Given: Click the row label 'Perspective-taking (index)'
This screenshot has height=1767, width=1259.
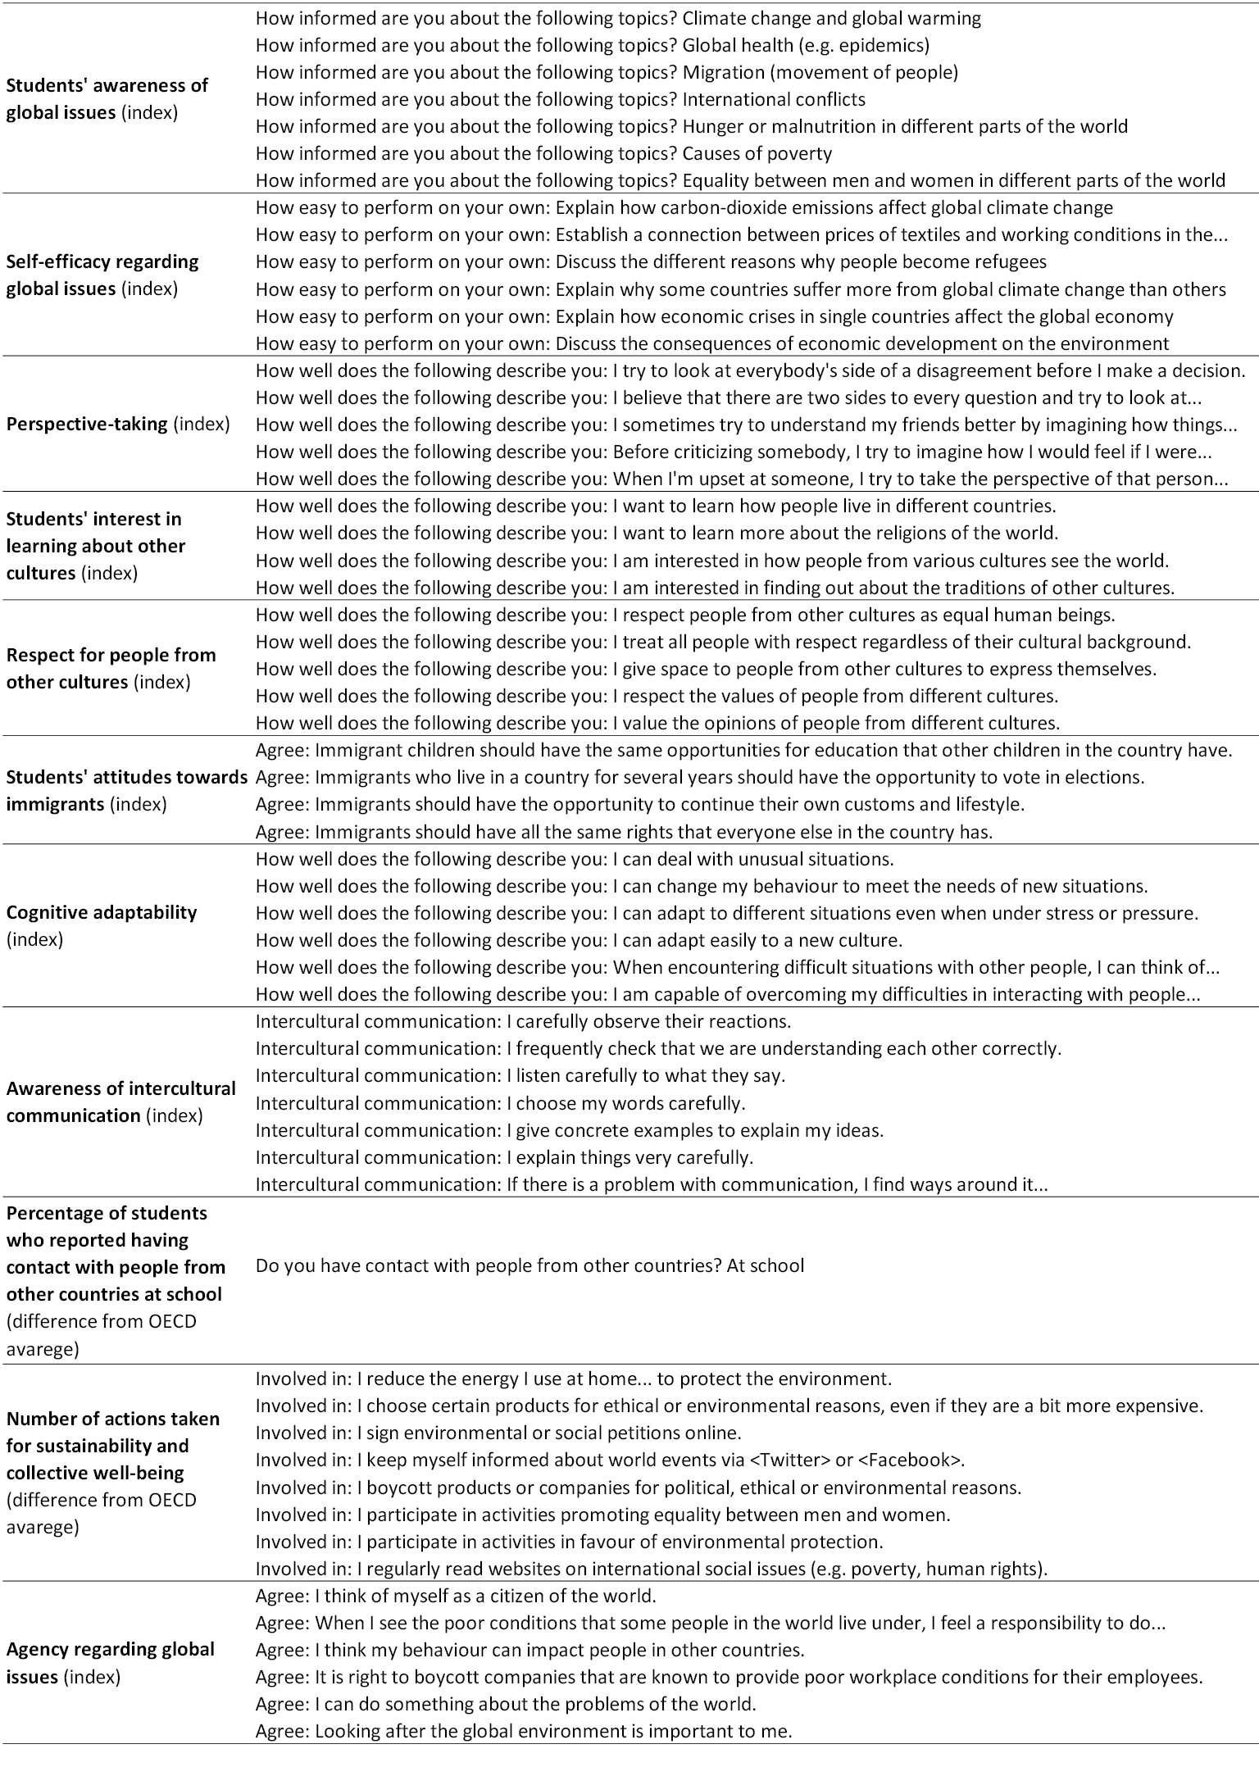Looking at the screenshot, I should [x=118, y=425].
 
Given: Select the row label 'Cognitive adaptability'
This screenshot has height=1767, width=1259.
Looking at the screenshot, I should [x=102, y=912].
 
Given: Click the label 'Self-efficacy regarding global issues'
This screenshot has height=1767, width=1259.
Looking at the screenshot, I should [x=102, y=275].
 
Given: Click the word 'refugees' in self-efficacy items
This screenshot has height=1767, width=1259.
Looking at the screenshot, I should [x=1009, y=262].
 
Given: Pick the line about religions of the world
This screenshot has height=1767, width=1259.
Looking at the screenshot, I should [x=656, y=534].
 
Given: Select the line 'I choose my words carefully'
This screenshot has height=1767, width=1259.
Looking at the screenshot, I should [x=500, y=1103].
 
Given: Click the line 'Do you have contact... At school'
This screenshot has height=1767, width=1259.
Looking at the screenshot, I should [x=530, y=1265].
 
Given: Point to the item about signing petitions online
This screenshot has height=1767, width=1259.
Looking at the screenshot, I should [x=498, y=1433].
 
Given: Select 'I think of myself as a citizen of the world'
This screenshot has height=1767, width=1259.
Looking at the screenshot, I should [x=456, y=1596].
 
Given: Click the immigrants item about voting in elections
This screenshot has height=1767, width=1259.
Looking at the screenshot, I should [x=699, y=777].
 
